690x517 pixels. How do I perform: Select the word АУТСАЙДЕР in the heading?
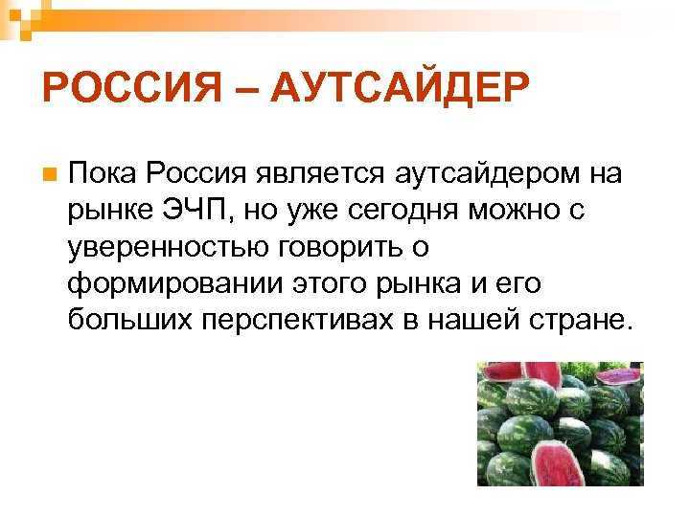pyautogui.click(x=400, y=90)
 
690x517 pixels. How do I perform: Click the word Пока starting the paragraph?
pyautogui.click(x=101, y=174)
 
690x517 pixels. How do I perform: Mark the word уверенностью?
pyautogui.click(x=166, y=247)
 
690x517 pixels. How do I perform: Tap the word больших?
pyautogui.click(x=129, y=319)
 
